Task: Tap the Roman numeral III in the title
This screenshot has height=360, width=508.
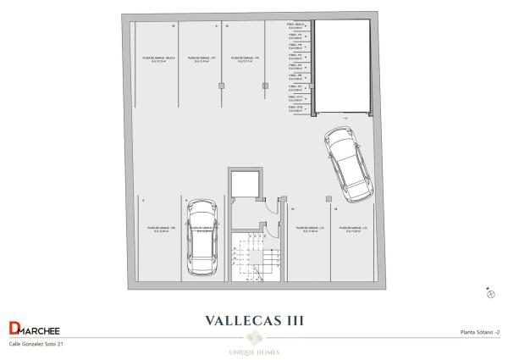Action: [291, 321]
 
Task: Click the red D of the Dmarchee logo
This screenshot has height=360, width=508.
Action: [13, 330]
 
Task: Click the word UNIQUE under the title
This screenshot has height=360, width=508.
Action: [242, 351]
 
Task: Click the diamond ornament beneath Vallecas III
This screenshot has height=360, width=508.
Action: [254, 336]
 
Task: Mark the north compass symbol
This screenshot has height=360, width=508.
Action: [490, 293]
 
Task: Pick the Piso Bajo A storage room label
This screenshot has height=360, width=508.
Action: [296, 25]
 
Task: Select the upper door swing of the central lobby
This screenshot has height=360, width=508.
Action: [266, 202]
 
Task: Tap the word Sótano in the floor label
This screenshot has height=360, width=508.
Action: [483, 333]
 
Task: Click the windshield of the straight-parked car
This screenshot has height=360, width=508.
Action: [202, 224]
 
